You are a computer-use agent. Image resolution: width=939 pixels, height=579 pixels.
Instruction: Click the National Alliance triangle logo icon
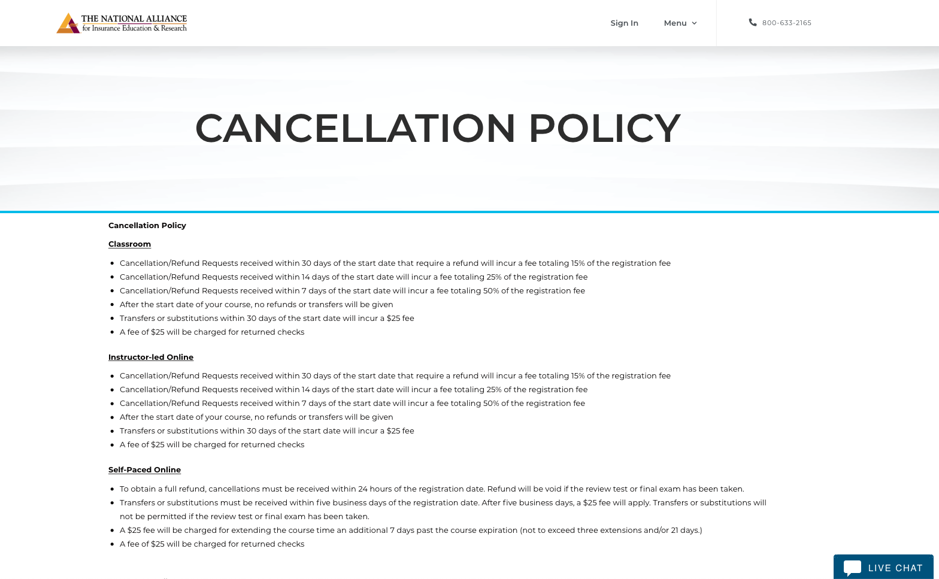click(x=68, y=23)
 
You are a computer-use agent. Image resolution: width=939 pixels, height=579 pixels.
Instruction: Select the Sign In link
click(x=624, y=23)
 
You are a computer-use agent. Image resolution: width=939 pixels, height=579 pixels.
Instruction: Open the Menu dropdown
click(x=675, y=23)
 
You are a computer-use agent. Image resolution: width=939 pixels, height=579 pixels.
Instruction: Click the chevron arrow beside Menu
click(x=694, y=23)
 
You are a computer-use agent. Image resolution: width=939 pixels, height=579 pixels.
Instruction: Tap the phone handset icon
click(x=753, y=22)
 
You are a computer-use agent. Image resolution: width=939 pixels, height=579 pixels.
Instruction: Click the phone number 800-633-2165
click(x=786, y=23)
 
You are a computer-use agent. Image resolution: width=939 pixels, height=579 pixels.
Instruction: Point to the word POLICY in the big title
click(x=604, y=128)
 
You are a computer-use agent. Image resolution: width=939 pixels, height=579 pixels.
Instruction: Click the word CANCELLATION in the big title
click(x=355, y=128)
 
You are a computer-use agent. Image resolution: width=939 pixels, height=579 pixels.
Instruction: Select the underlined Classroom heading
click(x=129, y=244)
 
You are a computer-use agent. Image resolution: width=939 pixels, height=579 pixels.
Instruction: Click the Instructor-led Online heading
click(x=151, y=357)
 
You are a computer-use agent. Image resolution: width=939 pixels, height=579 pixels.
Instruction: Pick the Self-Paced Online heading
click(x=144, y=469)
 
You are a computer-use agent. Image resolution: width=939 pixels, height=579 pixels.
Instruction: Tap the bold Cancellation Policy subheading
click(x=147, y=225)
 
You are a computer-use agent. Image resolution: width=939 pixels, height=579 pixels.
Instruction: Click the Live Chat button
click(x=883, y=567)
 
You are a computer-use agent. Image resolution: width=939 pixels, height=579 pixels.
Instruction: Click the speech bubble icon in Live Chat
click(x=852, y=567)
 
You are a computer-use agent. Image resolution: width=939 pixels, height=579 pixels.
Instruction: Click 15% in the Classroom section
click(x=577, y=263)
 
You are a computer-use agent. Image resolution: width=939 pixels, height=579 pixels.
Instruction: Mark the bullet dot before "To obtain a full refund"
click(x=112, y=489)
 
